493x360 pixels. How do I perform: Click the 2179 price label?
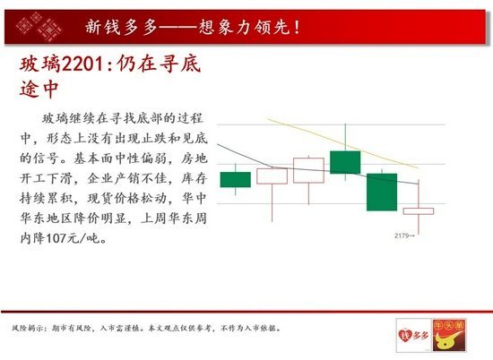402,236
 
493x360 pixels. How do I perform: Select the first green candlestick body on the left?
236,180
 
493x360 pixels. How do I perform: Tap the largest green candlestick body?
382,192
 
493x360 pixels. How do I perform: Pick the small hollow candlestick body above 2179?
419,211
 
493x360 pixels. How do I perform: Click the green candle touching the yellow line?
345,162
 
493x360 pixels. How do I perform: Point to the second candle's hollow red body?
272,176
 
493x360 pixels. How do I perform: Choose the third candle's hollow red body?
308,170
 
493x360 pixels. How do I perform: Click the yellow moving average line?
342,143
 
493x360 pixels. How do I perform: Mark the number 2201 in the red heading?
82,64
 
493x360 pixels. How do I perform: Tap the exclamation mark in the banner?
297,27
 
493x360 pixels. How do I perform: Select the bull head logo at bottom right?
449,335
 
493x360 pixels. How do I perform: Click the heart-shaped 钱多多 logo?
413,335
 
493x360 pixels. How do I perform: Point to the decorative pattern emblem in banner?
39,27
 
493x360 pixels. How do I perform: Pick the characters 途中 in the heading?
39,89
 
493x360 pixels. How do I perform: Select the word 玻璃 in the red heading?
40,64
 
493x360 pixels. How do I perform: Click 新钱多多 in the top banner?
121,27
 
